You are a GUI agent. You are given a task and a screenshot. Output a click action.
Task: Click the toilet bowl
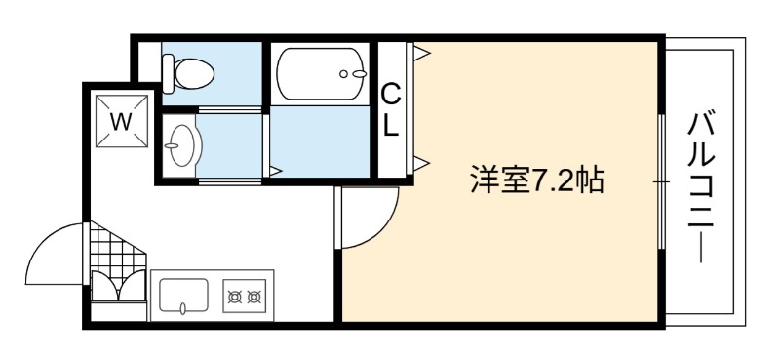[194, 74]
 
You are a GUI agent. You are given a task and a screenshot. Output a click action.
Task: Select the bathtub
[322, 74]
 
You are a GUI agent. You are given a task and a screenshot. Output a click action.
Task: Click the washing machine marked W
[122, 121]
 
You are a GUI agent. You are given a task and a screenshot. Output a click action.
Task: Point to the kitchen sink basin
[183, 297]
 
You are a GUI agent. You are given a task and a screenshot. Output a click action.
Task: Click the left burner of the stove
[235, 298]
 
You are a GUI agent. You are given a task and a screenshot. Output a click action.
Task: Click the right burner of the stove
[254, 298]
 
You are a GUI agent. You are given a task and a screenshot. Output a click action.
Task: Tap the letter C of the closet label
[391, 94]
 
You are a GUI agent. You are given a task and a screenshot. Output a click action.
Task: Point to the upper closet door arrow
[420, 53]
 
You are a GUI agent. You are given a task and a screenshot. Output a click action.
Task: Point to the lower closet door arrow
[420, 162]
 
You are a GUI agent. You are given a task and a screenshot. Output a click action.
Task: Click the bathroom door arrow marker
[275, 171]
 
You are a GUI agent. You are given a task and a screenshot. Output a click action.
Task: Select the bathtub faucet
[354, 74]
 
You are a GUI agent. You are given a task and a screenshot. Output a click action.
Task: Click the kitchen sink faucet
[183, 308]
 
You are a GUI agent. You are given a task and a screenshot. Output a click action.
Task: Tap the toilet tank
[168, 74]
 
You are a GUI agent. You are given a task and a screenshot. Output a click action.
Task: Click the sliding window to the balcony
[662, 181]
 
